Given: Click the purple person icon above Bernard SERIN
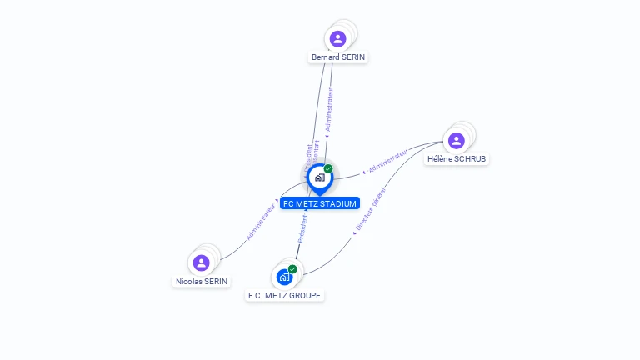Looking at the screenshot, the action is pos(337,38).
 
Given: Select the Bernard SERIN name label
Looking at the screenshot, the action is pos(338,57).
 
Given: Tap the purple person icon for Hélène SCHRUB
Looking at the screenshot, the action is pos(456,140).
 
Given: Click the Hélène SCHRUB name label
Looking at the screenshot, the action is pos(457,158).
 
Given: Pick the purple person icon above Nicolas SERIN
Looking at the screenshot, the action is pos(201,262).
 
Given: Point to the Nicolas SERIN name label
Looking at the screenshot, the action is pos(202,282).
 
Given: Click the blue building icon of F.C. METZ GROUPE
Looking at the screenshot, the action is pos(285,277).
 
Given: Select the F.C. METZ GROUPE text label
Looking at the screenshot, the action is pos(285,295).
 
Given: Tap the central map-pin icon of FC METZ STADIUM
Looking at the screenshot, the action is pos(319,177).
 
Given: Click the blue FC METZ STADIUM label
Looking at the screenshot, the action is pos(320,203).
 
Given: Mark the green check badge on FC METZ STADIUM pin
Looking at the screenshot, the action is pos(328,168).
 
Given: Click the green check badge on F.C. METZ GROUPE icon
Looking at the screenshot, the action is pos(292,269).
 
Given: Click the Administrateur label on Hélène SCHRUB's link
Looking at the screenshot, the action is pos(388,162).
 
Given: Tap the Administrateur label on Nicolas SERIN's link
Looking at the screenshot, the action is pos(261,222).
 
